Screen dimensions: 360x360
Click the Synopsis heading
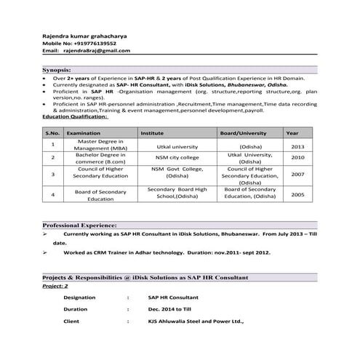pos(57,68)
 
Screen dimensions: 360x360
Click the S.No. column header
pos(52,133)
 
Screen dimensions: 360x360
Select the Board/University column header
pos(244,133)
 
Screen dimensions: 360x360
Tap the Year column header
pos(292,133)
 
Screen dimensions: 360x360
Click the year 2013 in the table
pos(297,146)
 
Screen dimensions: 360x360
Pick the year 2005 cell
pos(297,195)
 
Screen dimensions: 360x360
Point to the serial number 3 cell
pos(52,175)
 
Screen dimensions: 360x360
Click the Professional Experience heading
pos(80,226)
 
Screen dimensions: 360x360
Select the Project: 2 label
pos(55,286)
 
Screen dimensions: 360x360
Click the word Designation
pos(79,297)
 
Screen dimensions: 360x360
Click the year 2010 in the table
pos(297,157)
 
